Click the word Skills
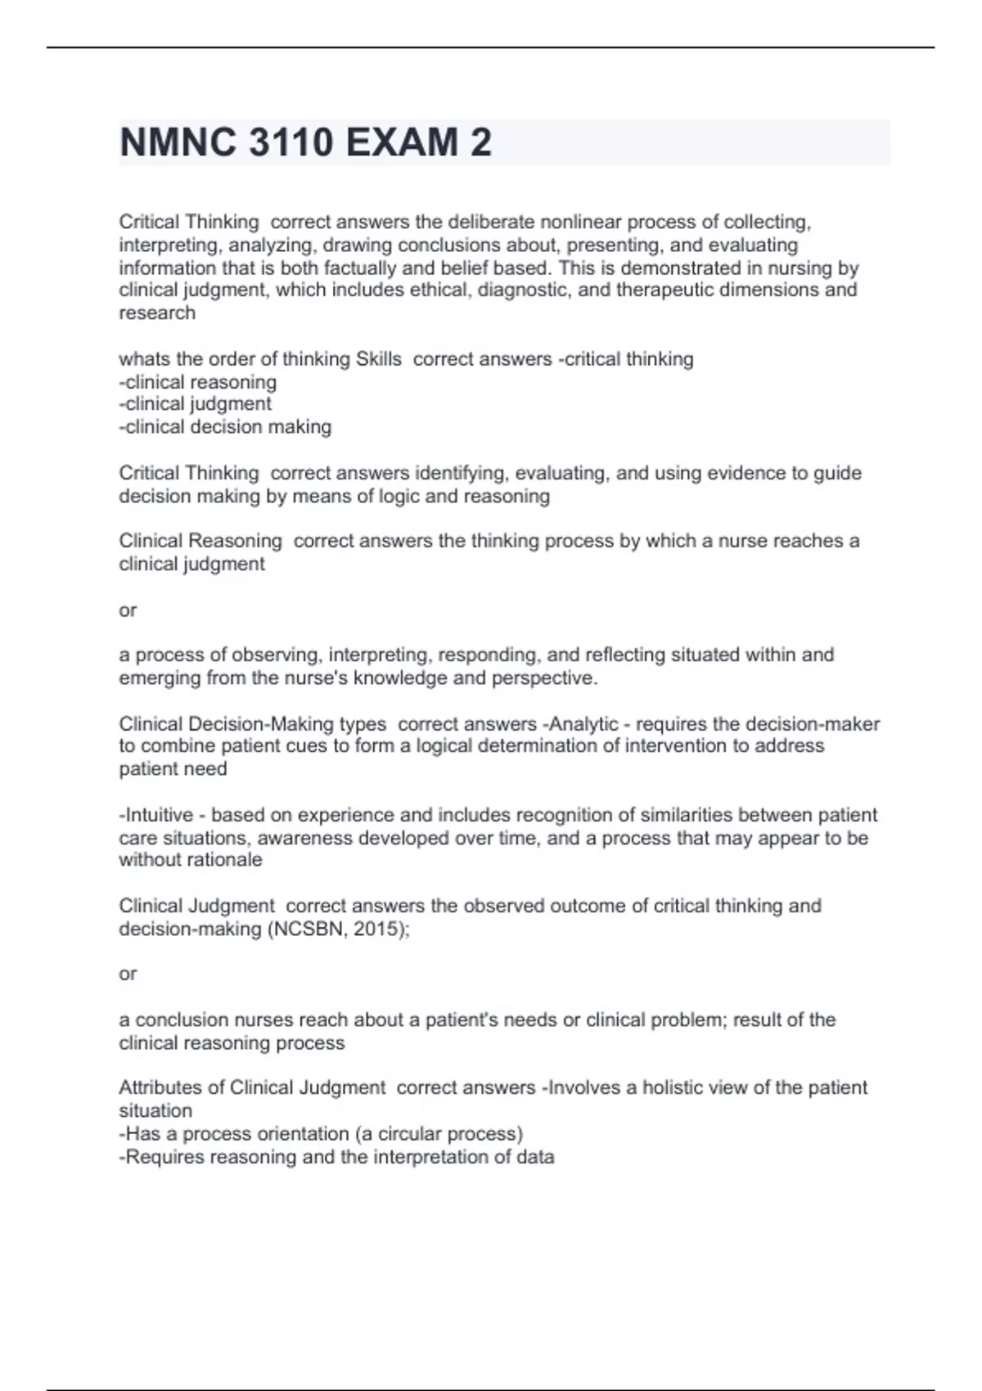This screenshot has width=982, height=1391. pos(378,359)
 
